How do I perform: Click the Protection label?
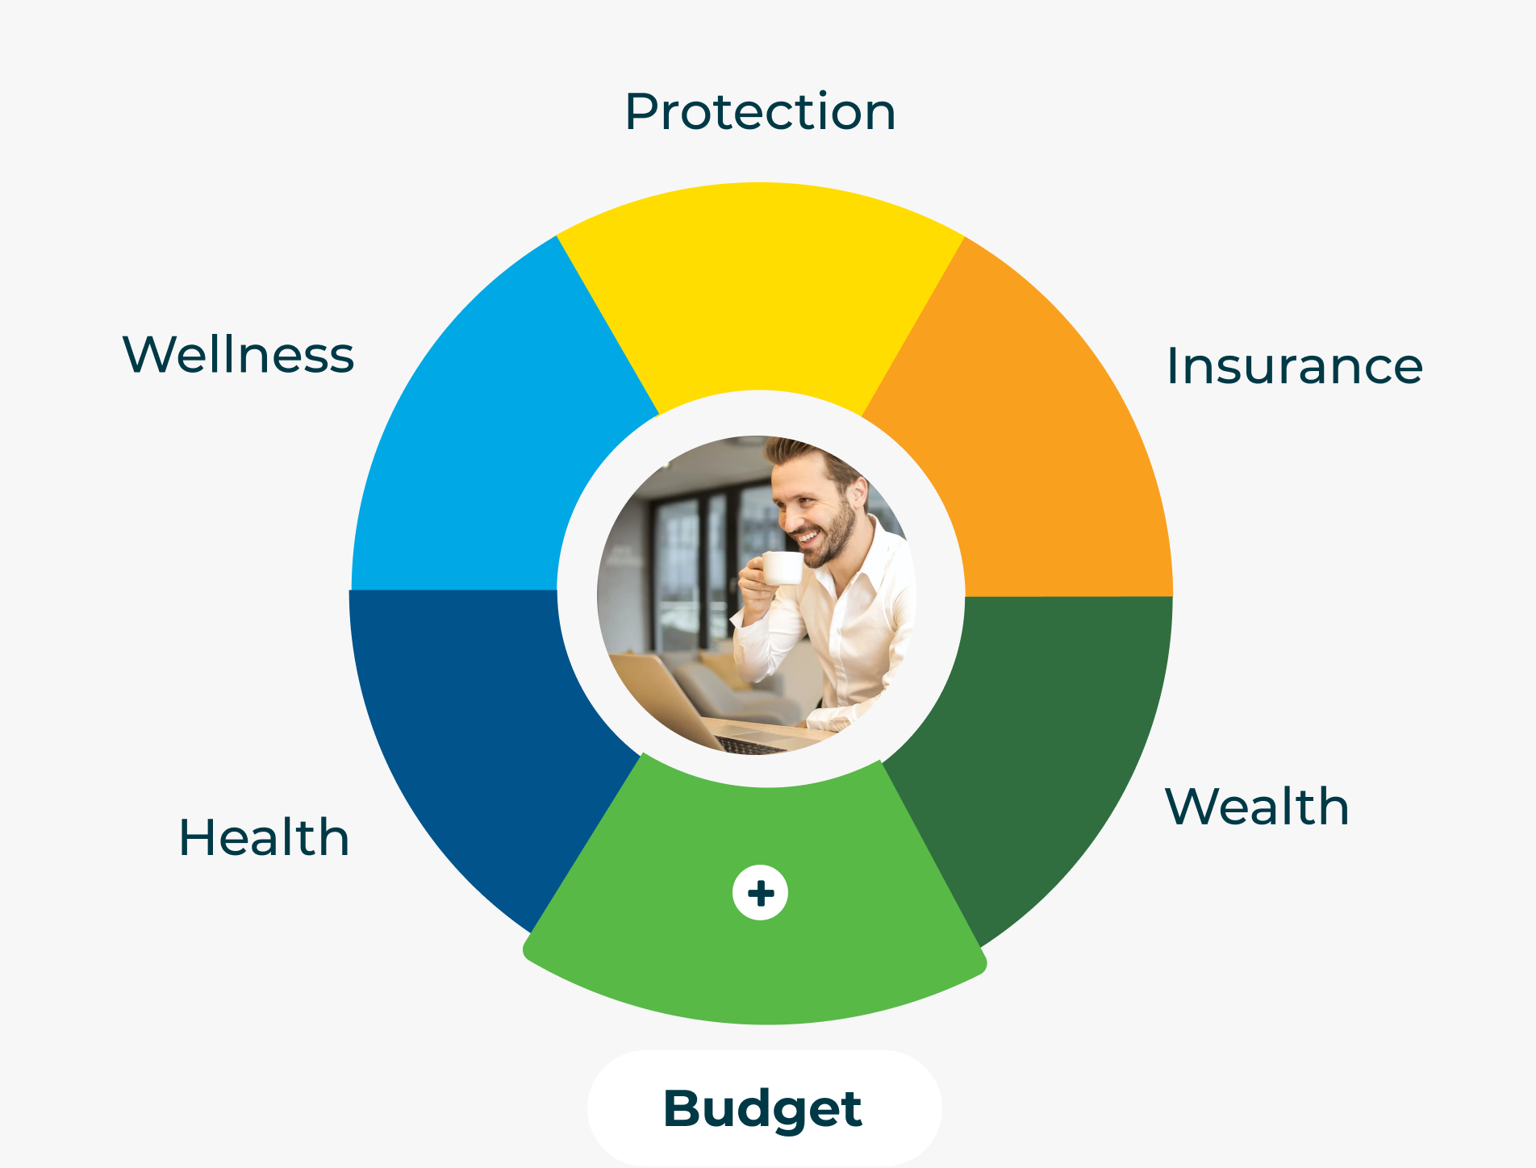click(x=760, y=111)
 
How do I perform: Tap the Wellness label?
click(x=238, y=354)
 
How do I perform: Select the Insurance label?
click(x=1295, y=365)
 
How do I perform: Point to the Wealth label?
click(x=1257, y=806)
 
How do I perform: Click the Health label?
click(x=264, y=836)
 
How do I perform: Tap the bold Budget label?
click(x=762, y=1109)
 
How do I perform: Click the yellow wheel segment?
click(x=761, y=290)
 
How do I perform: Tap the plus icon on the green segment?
click(x=760, y=893)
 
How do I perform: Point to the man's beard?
click(x=831, y=536)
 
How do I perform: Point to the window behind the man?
click(x=694, y=565)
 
